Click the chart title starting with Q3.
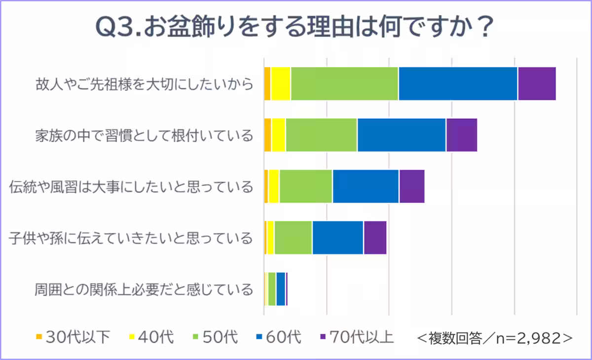(295, 28)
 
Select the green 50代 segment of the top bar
(344, 83)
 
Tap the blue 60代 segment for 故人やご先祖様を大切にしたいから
(458, 83)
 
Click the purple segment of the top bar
(537, 83)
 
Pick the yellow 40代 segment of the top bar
(281, 83)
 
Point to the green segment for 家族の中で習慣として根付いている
(321, 135)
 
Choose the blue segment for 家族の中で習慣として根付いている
(402, 135)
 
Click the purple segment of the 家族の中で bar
(462, 135)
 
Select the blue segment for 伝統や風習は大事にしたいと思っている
(366, 186)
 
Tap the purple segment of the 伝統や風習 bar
(412, 186)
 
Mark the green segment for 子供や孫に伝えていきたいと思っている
(293, 237)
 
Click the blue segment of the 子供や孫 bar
(338, 237)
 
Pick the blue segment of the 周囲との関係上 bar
(281, 288)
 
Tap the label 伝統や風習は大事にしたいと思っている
(131, 186)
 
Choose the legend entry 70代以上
(356, 338)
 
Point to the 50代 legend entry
(215, 338)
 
